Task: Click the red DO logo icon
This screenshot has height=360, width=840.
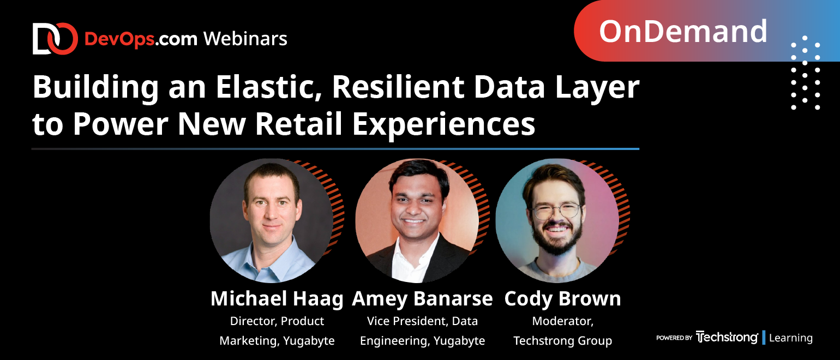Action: pos(55,38)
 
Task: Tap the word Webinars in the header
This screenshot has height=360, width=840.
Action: pos(245,38)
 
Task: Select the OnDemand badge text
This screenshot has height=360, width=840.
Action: pos(683,31)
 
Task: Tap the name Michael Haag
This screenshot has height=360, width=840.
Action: pos(277,299)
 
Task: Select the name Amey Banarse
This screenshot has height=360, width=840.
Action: pos(422,299)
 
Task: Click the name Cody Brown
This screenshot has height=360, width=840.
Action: pos(562,299)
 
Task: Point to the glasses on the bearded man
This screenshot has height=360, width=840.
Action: pos(556,211)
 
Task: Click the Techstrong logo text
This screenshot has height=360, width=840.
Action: pos(727,337)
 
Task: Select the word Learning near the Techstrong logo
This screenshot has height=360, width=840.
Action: pos(791,338)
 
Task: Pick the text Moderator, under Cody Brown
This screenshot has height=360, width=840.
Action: pos(562,321)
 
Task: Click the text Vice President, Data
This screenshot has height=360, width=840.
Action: pos(422,321)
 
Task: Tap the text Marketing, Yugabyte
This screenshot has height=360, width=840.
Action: pos(277,341)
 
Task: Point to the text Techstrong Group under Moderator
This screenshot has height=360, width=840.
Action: pos(562,341)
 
